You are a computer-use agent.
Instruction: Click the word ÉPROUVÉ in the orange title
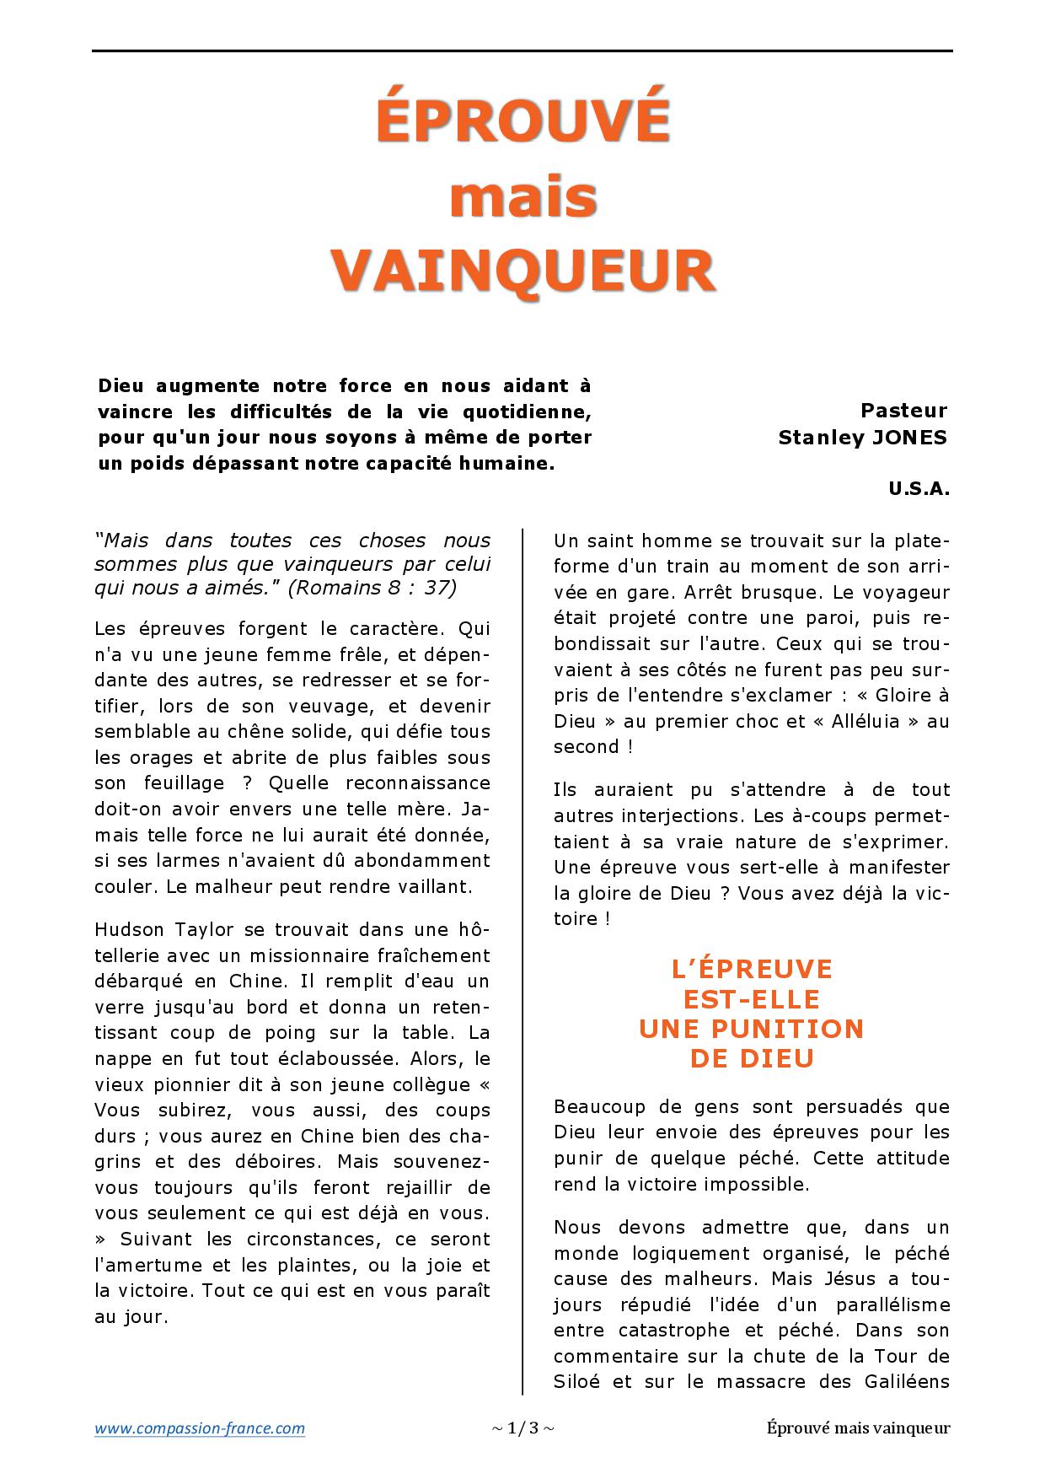coord(522,120)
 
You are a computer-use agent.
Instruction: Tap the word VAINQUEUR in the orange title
coord(522,270)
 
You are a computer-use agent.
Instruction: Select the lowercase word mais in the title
coord(523,197)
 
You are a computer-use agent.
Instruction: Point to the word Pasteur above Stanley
coord(903,411)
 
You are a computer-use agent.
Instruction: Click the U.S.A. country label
coord(919,489)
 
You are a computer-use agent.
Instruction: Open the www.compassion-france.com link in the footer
coord(200,1428)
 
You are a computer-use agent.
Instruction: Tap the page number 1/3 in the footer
coord(522,1428)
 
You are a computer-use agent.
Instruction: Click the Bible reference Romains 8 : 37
coord(372,588)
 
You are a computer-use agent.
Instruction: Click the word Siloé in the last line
coord(576,1382)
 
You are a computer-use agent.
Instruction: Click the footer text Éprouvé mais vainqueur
coord(859,1428)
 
